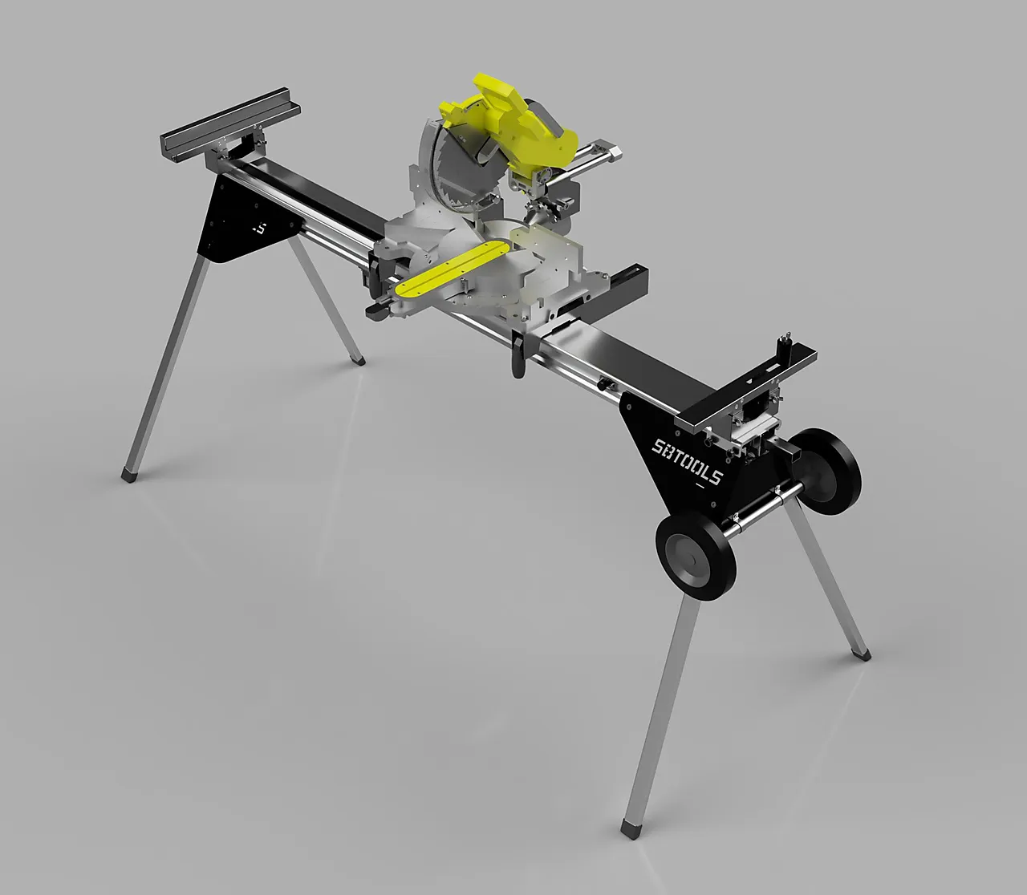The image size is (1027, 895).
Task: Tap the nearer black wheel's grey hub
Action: click(x=688, y=553)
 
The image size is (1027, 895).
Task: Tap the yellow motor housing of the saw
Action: click(x=513, y=120)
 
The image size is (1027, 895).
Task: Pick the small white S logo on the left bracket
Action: click(x=258, y=227)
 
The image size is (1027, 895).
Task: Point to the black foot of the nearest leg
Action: click(x=629, y=827)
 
